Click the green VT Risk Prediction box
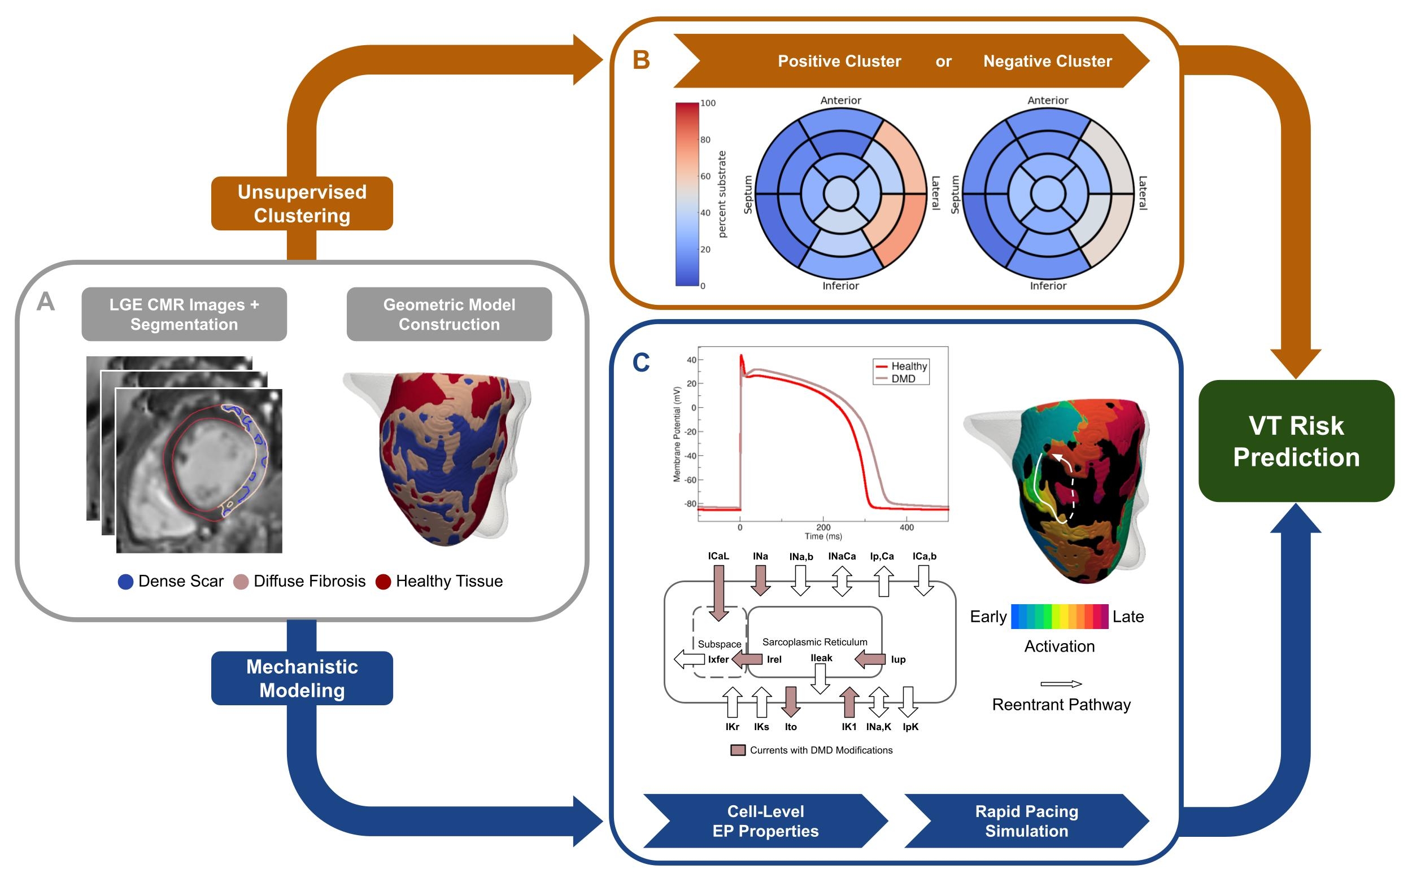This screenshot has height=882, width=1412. coord(1295,441)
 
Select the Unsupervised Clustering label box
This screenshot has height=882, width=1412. coord(302,204)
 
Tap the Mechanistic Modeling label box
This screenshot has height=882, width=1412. coord(302,678)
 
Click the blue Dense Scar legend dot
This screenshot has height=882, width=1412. coord(125,582)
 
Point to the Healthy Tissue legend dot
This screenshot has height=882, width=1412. coord(383,582)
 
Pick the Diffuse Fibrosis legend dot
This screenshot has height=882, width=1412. coord(241,582)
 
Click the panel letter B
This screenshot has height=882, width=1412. coord(641,60)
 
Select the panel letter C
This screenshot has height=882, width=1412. coord(640,363)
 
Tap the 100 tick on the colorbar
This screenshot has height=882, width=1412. coord(708,103)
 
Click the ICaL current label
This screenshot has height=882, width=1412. coord(718,556)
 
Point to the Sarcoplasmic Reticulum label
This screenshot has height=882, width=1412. coord(814,641)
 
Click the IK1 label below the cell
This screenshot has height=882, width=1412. coord(849,727)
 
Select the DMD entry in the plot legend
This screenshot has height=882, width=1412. coord(902,378)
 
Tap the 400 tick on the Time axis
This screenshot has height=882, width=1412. coord(906,527)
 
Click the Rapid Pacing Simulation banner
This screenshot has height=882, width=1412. coord(1026,821)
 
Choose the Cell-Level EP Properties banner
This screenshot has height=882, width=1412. coord(765,821)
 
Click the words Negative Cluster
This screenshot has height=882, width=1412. coord(1047,61)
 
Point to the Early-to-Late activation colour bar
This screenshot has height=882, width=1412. coord(1059,617)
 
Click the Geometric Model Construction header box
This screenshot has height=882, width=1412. coord(448,315)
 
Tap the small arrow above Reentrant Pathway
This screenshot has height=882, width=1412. coord(1061,684)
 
